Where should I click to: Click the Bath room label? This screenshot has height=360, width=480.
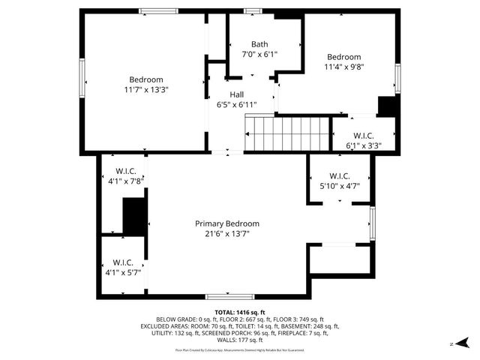[259, 43]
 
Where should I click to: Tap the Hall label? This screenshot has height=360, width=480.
[237, 94]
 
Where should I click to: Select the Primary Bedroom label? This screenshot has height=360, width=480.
[227, 223]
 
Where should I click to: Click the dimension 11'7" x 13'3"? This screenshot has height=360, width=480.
[146, 89]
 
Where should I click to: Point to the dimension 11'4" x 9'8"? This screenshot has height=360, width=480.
[344, 67]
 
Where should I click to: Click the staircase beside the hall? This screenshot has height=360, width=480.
[288, 133]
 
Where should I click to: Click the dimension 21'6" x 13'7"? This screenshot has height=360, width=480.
[227, 233]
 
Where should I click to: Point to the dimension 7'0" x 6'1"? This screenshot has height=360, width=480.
[259, 54]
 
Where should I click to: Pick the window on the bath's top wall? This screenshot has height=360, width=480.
[252, 10]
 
